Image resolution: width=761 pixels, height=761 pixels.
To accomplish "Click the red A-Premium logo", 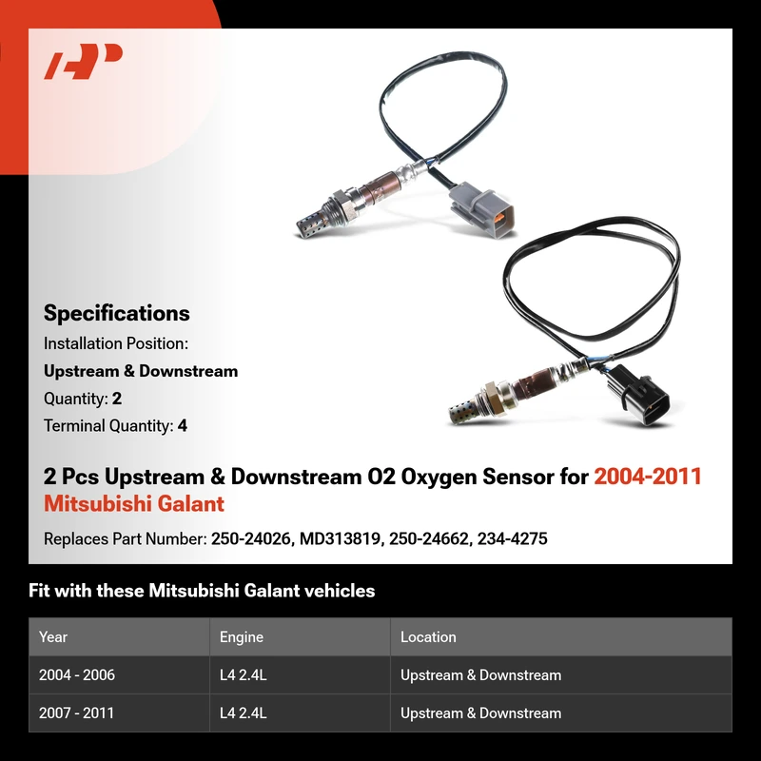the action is coord(83,61).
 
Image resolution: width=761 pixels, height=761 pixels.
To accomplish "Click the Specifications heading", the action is coord(116,313).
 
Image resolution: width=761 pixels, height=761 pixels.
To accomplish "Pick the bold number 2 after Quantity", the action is coord(117,399).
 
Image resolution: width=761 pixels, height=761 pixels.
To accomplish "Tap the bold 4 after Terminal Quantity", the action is coord(183,425).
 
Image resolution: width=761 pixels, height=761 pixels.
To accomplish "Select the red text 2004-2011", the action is coord(648,477).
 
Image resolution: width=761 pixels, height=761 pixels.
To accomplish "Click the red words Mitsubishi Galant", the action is coord(134,504).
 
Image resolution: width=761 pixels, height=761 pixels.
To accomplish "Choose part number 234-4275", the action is coord(512,538).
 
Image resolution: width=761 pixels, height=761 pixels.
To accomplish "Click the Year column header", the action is coord(53,636).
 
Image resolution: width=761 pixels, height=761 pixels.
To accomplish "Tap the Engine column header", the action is coord(242,636).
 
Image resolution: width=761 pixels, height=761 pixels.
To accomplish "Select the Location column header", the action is coord(428,636).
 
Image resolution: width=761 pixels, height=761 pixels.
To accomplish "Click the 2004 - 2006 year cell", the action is coord(77,675).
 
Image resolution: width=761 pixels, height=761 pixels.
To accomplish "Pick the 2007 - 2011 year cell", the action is coord(77,712).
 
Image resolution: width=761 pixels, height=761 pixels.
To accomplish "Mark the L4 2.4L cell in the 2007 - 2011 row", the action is coord(244,712).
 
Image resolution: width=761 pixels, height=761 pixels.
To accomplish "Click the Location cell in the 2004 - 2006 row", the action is coord(480,675).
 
